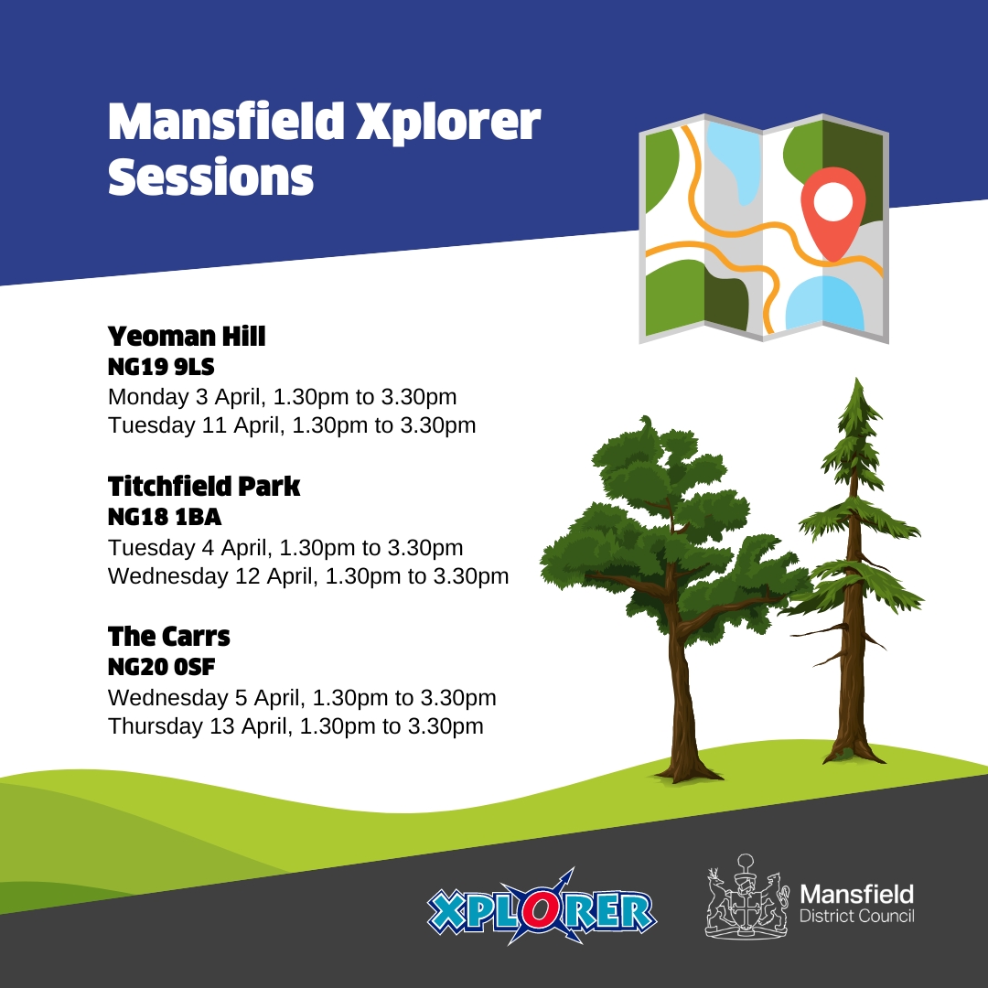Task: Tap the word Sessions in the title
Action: tap(210, 177)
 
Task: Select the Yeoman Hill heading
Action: tap(187, 337)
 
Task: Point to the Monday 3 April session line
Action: tap(282, 398)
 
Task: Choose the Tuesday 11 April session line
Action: tap(292, 425)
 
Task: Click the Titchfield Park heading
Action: tap(204, 487)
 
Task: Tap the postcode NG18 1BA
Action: tap(165, 518)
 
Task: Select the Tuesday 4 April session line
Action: tap(285, 548)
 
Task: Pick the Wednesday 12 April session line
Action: tap(308, 576)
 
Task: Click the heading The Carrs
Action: tap(169, 636)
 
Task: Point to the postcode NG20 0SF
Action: tap(161, 668)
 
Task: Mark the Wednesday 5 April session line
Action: tap(302, 698)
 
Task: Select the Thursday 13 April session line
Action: tap(295, 726)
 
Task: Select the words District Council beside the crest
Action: tap(856, 917)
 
